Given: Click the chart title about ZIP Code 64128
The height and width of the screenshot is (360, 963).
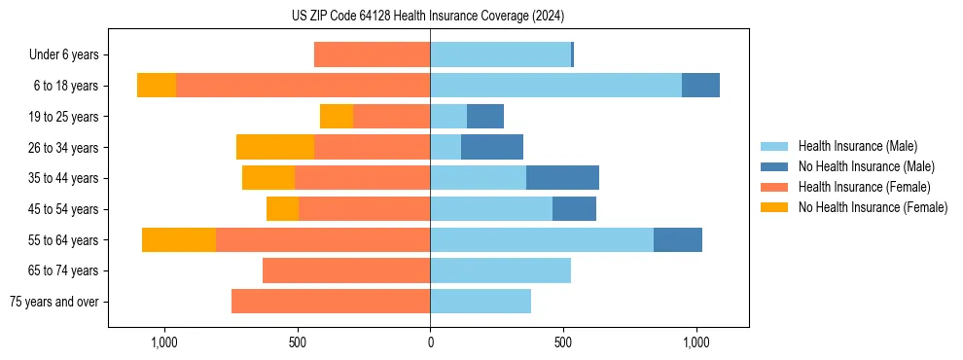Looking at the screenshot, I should click(x=428, y=16).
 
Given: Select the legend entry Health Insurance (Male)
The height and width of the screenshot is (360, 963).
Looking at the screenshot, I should click(x=857, y=146).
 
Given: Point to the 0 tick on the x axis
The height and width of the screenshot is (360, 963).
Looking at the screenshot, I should click(x=430, y=342).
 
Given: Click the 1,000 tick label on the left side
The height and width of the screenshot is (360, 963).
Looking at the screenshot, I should click(x=163, y=342).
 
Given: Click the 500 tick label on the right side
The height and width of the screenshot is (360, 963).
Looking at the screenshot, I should click(x=563, y=342).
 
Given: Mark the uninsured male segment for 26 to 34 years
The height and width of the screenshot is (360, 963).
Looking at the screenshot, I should click(x=492, y=147).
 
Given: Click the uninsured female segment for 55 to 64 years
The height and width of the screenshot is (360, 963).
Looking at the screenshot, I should click(x=179, y=239).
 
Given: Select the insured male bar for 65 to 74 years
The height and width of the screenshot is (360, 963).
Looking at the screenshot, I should click(x=500, y=270).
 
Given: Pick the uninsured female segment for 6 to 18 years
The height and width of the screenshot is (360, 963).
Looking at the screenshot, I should click(x=157, y=86).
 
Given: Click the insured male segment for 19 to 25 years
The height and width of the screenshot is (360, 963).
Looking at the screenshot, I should click(x=448, y=117).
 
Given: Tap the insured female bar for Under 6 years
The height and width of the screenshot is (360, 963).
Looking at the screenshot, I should click(x=372, y=55).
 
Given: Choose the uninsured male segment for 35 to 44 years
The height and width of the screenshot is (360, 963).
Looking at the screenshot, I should click(x=562, y=178).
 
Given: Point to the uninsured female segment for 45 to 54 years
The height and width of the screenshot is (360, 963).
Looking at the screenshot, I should click(x=282, y=209).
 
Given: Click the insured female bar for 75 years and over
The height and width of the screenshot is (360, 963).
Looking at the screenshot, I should click(x=331, y=302).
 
